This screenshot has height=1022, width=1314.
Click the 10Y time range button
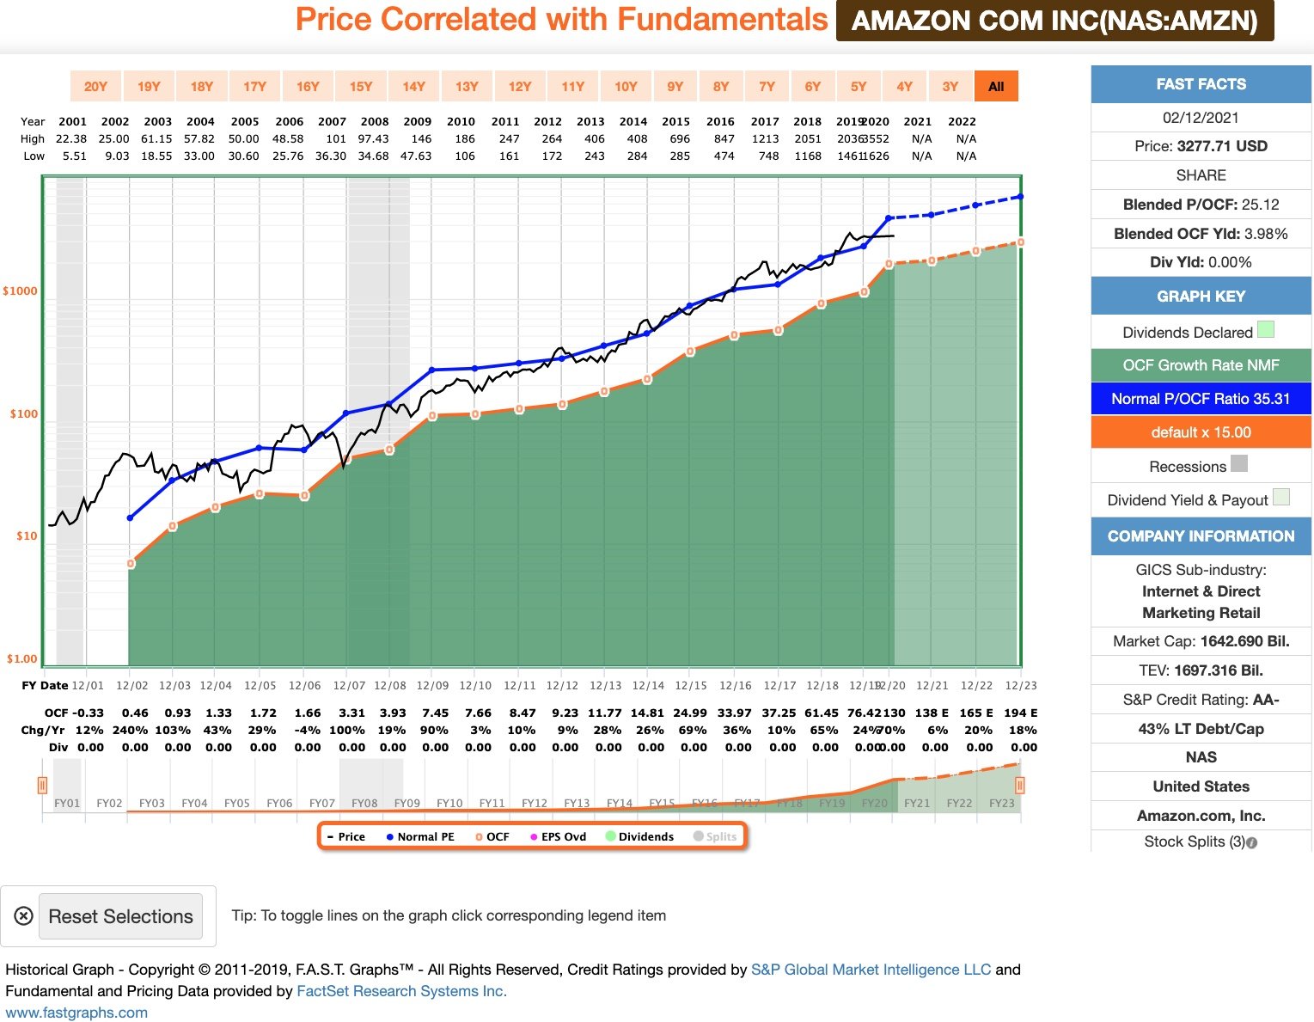coord(626,86)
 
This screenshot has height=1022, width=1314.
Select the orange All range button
coord(996,86)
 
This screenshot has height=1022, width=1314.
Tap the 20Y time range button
coord(95,86)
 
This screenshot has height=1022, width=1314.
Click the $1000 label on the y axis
coord(21,291)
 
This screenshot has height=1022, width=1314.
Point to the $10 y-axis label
coord(27,535)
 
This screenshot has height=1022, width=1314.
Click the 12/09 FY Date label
coord(432,685)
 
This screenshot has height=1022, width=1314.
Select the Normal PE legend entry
coord(420,836)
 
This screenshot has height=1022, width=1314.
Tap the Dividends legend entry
coord(640,836)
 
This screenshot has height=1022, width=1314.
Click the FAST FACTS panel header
coord(1201,84)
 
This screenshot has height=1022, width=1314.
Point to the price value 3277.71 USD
coord(1221,146)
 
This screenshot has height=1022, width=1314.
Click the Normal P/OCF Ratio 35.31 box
coord(1201,399)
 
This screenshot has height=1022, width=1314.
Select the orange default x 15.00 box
coord(1201,432)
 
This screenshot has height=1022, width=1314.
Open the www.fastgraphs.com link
coord(76,1013)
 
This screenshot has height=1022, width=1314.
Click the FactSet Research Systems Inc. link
coord(401,991)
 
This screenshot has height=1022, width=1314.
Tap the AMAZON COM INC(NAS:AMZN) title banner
coord(1054,21)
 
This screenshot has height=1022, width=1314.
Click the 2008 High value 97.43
coord(374,138)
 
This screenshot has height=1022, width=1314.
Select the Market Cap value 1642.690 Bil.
coord(1244,641)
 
